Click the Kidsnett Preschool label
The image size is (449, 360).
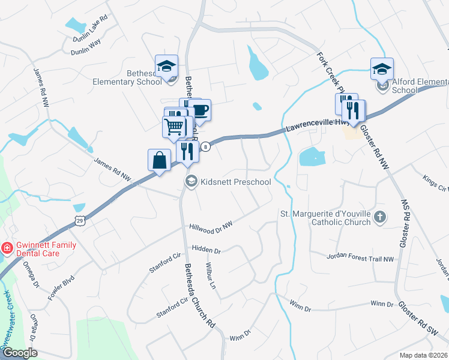[x=236, y=182]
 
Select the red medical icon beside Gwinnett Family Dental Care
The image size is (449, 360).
[x=7, y=247]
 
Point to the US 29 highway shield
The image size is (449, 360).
[x=80, y=221]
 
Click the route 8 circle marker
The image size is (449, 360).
[x=205, y=146]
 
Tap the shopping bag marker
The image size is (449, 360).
[x=158, y=161]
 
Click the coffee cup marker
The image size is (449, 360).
[x=200, y=110]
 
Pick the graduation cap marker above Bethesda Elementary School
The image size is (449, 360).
[x=166, y=66]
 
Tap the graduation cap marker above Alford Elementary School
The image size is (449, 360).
[x=381, y=69]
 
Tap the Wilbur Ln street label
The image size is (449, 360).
[x=211, y=273]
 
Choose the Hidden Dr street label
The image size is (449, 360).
[x=206, y=248]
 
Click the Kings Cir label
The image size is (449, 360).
[x=436, y=183]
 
